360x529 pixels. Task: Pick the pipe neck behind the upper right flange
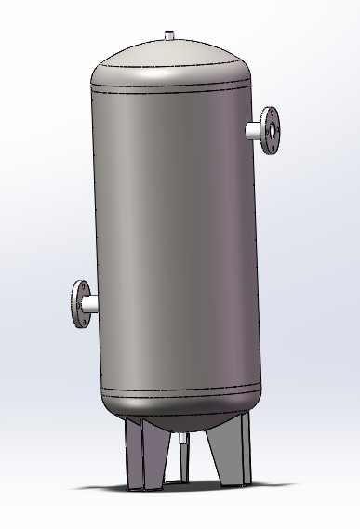click(254, 131)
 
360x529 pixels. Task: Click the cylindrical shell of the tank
click(172, 232)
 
